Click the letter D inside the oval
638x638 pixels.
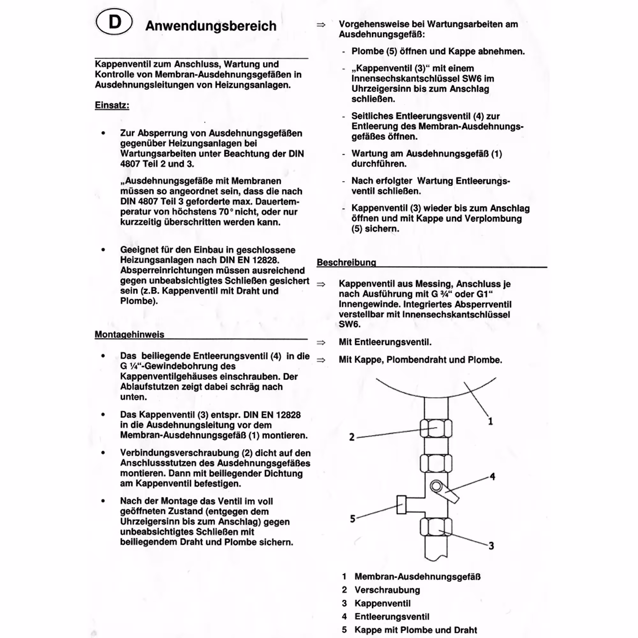115,22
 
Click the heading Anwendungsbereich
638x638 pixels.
211,26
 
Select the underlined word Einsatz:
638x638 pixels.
112,105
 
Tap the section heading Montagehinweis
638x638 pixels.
130,334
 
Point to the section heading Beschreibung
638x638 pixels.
346,262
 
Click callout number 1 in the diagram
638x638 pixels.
490,421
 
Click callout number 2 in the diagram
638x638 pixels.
352,437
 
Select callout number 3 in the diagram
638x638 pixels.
491,546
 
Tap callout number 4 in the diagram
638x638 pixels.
492,477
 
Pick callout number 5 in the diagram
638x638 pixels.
352,518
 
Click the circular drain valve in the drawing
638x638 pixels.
436,486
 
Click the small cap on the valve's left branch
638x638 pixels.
401,505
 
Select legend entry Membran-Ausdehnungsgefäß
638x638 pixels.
417,576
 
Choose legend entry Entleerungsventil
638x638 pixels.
392,617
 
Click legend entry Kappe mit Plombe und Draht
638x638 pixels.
416,630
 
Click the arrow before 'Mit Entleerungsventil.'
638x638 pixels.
321,342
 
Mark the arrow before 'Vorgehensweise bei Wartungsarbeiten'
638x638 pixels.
321,25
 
